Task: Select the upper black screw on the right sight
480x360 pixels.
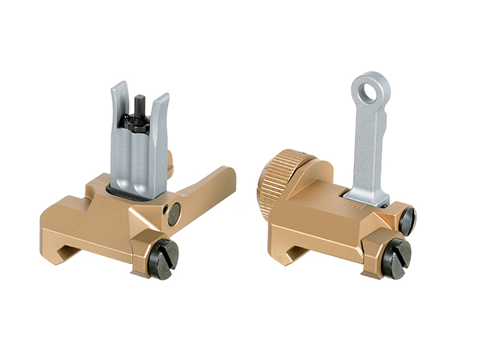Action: tap(406, 220)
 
